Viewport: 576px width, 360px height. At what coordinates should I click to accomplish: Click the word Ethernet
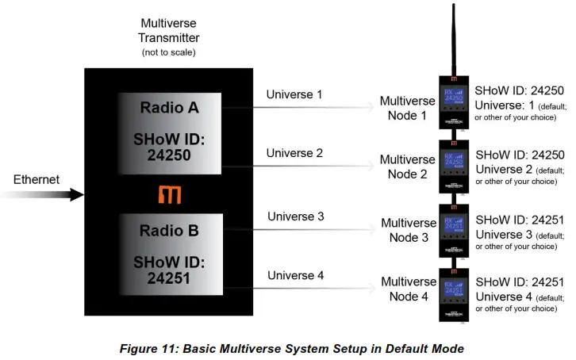(x=36, y=180)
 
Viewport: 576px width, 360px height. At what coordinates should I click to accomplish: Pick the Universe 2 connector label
(x=294, y=153)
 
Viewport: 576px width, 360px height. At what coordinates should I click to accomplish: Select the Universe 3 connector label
(x=296, y=216)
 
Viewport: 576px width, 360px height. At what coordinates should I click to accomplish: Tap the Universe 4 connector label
(x=296, y=276)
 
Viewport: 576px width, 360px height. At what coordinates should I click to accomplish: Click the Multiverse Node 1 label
(x=407, y=109)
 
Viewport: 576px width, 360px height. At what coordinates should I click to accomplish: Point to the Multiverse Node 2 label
(x=407, y=167)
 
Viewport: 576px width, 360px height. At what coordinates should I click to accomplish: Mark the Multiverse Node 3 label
(x=408, y=231)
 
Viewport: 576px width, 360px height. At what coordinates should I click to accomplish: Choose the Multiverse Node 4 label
(x=408, y=289)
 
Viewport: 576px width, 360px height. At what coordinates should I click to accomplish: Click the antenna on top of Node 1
(x=453, y=40)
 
